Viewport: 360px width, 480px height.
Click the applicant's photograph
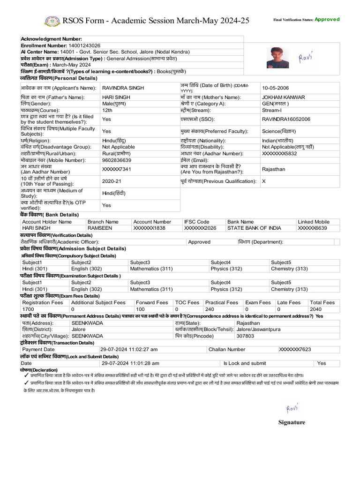[x=277, y=58]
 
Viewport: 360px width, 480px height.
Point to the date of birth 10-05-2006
[x=276, y=88]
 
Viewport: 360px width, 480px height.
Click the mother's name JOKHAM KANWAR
[x=283, y=97]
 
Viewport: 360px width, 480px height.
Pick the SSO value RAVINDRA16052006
[x=286, y=120]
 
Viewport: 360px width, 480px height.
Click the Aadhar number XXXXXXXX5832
[x=279, y=154]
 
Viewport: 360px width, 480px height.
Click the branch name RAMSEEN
[x=100, y=228]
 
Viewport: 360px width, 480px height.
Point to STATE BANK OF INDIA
[x=254, y=228]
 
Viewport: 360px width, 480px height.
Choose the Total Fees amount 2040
[x=315, y=309]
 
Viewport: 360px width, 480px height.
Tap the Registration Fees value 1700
[x=28, y=309]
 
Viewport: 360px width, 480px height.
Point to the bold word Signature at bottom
[x=292, y=422]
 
